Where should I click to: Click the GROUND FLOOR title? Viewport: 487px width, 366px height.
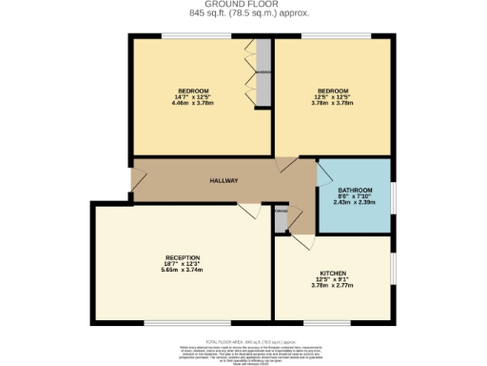point(243,5)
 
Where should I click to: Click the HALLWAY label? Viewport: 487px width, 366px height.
point(224,180)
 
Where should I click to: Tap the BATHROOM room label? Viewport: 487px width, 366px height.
point(353,191)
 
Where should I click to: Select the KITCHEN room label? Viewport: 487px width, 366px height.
point(333,273)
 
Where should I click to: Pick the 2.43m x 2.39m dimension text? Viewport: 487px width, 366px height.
point(353,203)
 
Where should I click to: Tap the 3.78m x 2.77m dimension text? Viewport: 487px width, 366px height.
point(333,285)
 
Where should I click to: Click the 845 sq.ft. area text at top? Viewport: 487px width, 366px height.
point(243,14)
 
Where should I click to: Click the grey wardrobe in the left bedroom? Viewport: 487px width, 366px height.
point(263,71)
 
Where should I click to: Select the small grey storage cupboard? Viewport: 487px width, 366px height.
point(281,218)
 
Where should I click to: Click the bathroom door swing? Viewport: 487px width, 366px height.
point(323,173)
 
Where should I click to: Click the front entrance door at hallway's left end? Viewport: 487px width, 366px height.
point(137,178)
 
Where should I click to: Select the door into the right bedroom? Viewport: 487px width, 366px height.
point(286,165)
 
